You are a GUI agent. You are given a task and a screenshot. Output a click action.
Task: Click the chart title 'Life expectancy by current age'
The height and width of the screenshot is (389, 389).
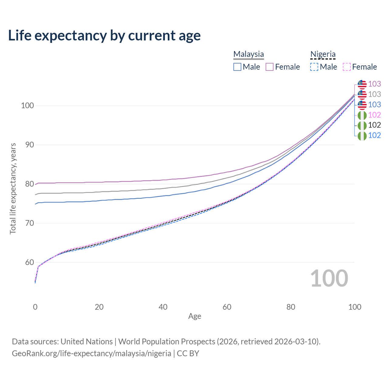[x=104, y=36]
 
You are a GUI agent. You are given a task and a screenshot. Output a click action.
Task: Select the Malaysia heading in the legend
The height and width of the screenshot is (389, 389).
[x=249, y=54]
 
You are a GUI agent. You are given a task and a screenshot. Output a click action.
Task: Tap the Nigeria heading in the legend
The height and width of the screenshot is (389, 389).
[x=323, y=54]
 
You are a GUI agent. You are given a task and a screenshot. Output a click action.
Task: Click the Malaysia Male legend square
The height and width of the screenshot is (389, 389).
[x=237, y=67]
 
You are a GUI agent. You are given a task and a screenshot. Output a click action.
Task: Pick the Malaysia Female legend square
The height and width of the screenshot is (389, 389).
[x=270, y=67]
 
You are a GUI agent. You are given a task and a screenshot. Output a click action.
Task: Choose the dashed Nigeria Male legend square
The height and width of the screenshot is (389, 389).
[x=314, y=67]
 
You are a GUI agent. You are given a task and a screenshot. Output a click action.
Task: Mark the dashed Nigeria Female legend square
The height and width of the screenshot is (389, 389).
[x=347, y=67]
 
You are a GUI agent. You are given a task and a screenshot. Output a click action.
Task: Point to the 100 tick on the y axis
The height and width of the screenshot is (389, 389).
[x=27, y=106]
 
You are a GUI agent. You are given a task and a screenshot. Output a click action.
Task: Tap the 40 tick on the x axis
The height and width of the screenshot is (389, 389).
[x=163, y=307]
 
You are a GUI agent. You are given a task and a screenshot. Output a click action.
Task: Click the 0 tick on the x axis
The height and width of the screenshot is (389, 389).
[x=35, y=307]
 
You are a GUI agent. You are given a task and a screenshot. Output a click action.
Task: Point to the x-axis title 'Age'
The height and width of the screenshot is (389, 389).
[x=194, y=316]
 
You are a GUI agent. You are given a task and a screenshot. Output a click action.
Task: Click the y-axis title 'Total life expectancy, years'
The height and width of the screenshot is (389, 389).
[x=13, y=188]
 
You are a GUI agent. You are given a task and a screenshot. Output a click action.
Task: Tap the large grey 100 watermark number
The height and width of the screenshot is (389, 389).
[x=329, y=278]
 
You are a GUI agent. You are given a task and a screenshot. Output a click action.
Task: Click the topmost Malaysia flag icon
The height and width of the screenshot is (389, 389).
[x=362, y=84]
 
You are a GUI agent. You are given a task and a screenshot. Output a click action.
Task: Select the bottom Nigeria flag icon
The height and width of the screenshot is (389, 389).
[x=362, y=136]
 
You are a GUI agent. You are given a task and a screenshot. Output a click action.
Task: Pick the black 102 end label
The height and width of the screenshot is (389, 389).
[x=374, y=125]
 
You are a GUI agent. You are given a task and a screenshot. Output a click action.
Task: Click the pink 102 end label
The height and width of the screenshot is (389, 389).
[x=374, y=115]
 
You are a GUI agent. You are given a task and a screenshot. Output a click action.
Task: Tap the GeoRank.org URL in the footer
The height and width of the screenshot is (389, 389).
[x=91, y=353]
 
